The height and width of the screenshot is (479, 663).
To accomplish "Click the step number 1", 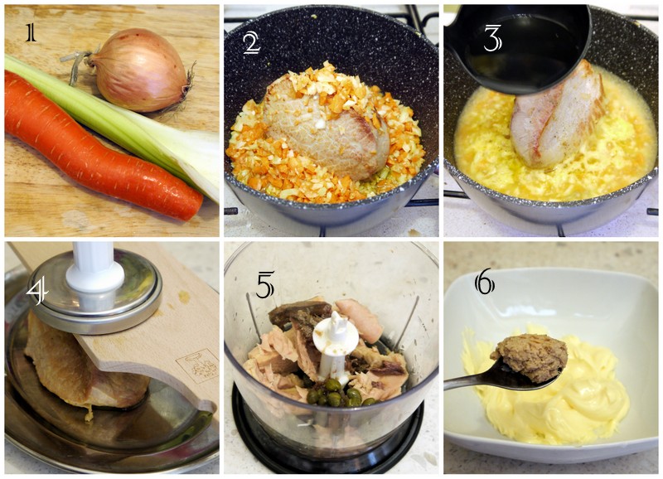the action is pyautogui.click(x=30, y=32).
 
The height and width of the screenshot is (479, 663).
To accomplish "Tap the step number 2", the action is pyautogui.click(x=252, y=44).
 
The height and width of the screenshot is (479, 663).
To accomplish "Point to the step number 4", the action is pyautogui.click(x=36, y=291).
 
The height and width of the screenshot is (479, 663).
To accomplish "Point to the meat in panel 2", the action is pyautogui.click(x=326, y=127).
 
